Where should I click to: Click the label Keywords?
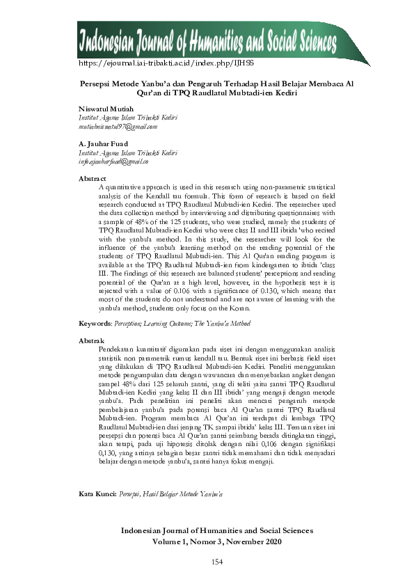(94, 324)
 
